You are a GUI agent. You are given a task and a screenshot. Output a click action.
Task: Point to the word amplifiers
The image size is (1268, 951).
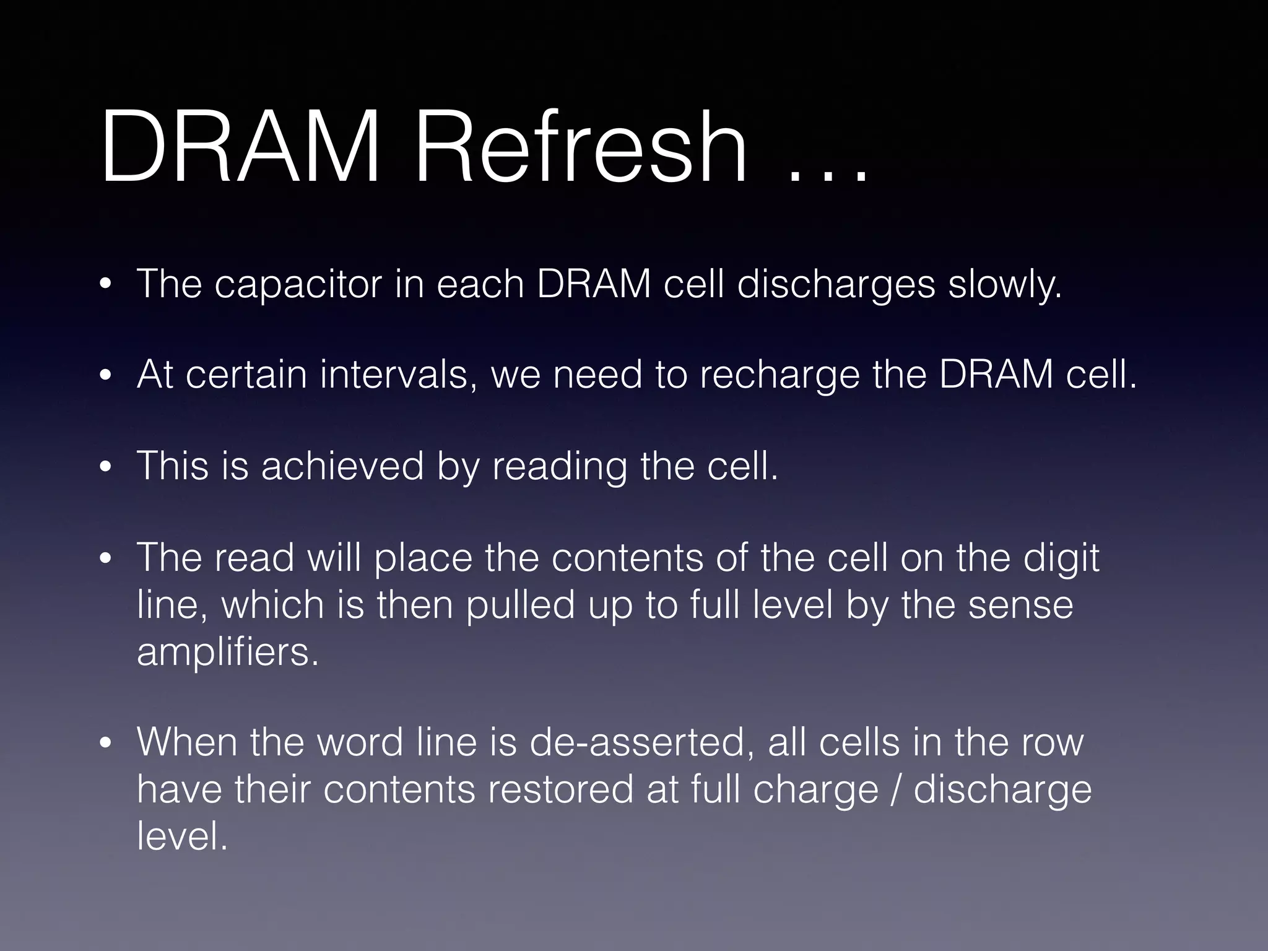[x=227, y=653]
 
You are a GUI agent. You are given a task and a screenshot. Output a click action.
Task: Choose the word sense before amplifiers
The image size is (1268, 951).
[x=1020, y=605]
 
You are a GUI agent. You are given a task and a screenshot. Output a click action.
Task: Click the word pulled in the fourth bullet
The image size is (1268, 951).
[x=520, y=605]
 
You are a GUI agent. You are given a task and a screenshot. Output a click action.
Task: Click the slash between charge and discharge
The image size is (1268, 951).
[x=896, y=789]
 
